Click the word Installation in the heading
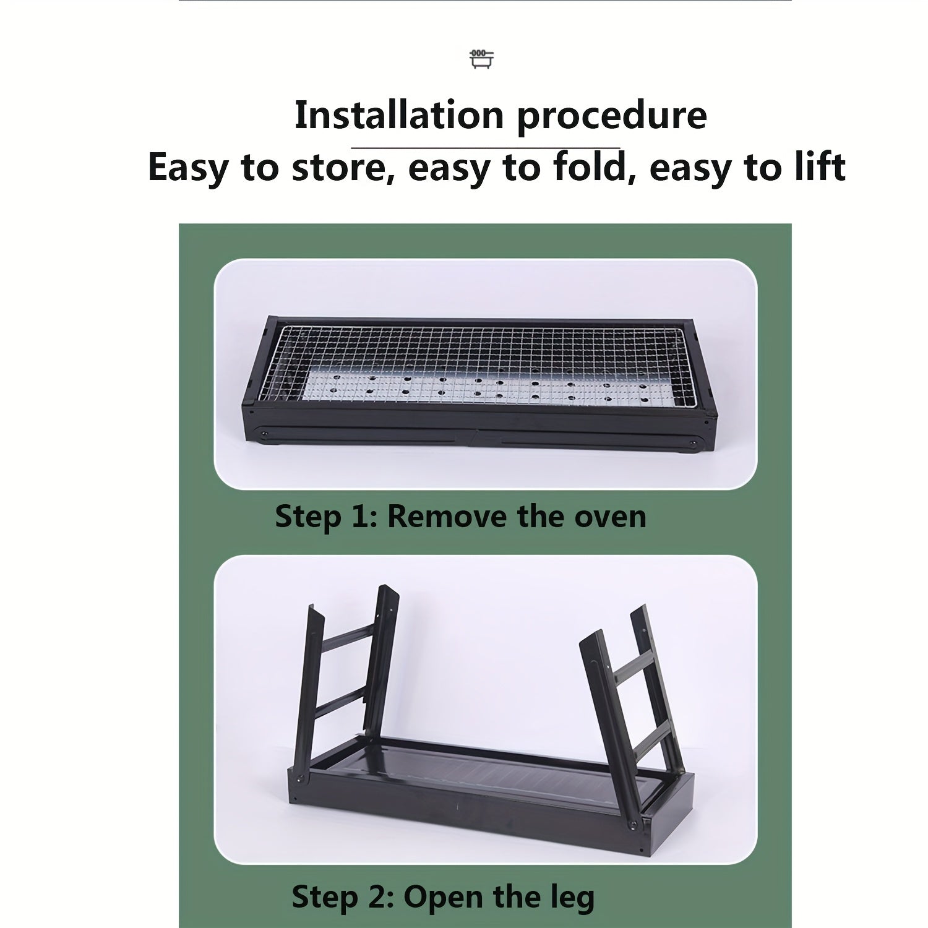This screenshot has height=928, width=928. pyautogui.click(x=400, y=115)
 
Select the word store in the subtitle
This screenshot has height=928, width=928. pyautogui.click(x=339, y=168)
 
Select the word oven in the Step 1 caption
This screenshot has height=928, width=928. pyautogui.click(x=611, y=517)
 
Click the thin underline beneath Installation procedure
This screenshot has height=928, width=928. pyautogui.click(x=486, y=148)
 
